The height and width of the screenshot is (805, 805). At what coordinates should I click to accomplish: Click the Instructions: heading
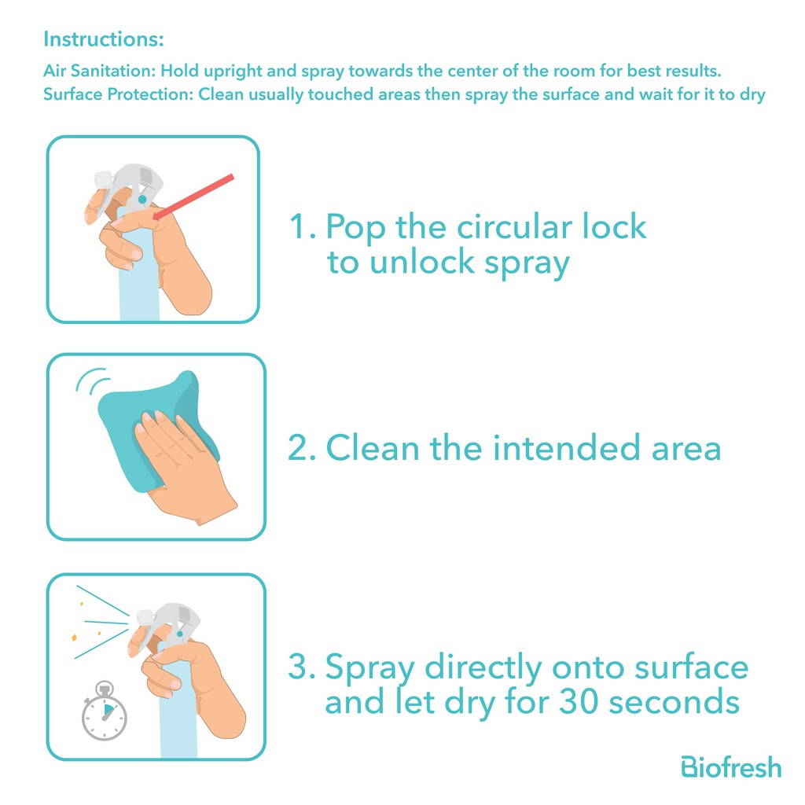pyautogui.click(x=104, y=39)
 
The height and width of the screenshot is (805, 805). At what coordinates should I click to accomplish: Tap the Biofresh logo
pyautogui.click(x=731, y=767)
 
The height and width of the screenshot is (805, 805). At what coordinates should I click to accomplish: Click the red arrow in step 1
pyautogui.click(x=193, y=197)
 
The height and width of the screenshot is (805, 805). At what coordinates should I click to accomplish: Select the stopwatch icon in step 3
pyautogui.click(x=105, y=711)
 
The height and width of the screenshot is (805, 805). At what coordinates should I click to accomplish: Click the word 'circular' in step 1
pyautogui.click(x=514, y=226)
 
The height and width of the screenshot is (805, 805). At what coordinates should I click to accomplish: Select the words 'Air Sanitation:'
pyautogui.click(x=99, y=71)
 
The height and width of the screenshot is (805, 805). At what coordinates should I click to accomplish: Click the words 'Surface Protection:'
pyautogui.click(x=118, y=94)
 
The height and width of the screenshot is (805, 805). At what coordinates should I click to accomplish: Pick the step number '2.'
pyautogui.click(x=302, y=447)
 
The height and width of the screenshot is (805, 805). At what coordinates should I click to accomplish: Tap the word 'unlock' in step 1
pyautogui.click(x=422, y=263)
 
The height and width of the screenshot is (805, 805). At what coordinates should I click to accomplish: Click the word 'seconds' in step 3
pyautogui.click(x=674, y=702)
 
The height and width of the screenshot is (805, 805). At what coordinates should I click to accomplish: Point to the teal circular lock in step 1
pyautogui.click(x=142, y=199)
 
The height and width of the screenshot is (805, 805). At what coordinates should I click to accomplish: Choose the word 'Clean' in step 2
pyautogui.click(x=373, y=447)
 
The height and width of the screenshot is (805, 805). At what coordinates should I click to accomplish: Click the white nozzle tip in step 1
pyautogui.click(x=104, y=178)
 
